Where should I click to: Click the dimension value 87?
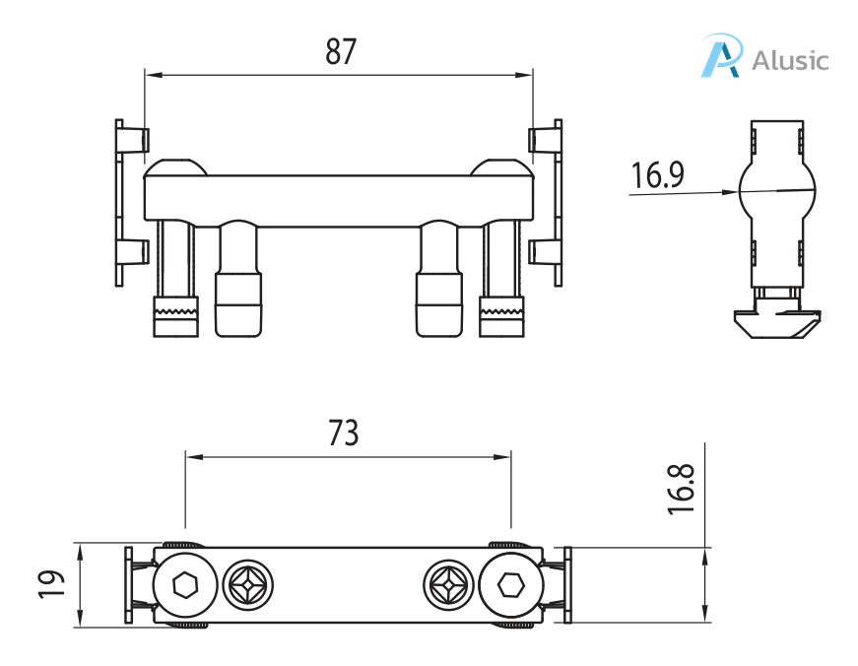coord(341,51)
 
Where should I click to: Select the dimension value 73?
coord(344,433)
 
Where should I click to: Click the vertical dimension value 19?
coord(54,583)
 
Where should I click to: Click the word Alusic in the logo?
coord(790,60)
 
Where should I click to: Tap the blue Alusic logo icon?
coord(720,56)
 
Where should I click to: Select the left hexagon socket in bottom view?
coord(184,586)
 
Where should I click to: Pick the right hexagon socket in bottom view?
coord(510,586)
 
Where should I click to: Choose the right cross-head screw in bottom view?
coord(448,586)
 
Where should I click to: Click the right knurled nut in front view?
coord(502,315)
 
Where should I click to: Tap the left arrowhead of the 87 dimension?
coord(151,73)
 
